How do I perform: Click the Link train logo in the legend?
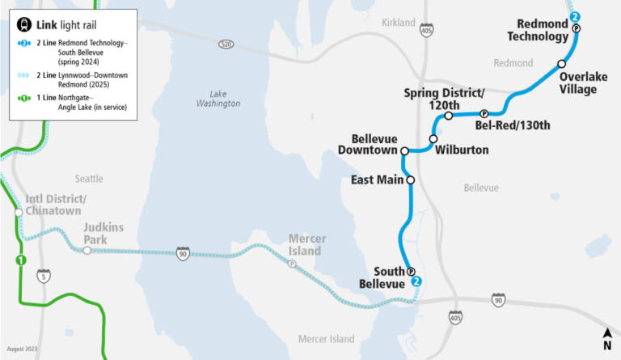24,25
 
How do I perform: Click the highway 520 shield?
226,43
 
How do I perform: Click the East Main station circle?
411,180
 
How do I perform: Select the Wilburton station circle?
433,139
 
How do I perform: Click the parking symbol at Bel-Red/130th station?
484,114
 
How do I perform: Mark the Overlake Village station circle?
561,63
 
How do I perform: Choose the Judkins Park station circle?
87,251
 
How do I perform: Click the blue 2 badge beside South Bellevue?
416,282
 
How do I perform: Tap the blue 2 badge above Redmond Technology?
575,16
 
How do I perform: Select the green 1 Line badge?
21,260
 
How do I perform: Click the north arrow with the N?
606,338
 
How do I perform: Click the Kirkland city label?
398,23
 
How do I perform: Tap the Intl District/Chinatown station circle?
18,213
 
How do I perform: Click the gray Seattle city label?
89,178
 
